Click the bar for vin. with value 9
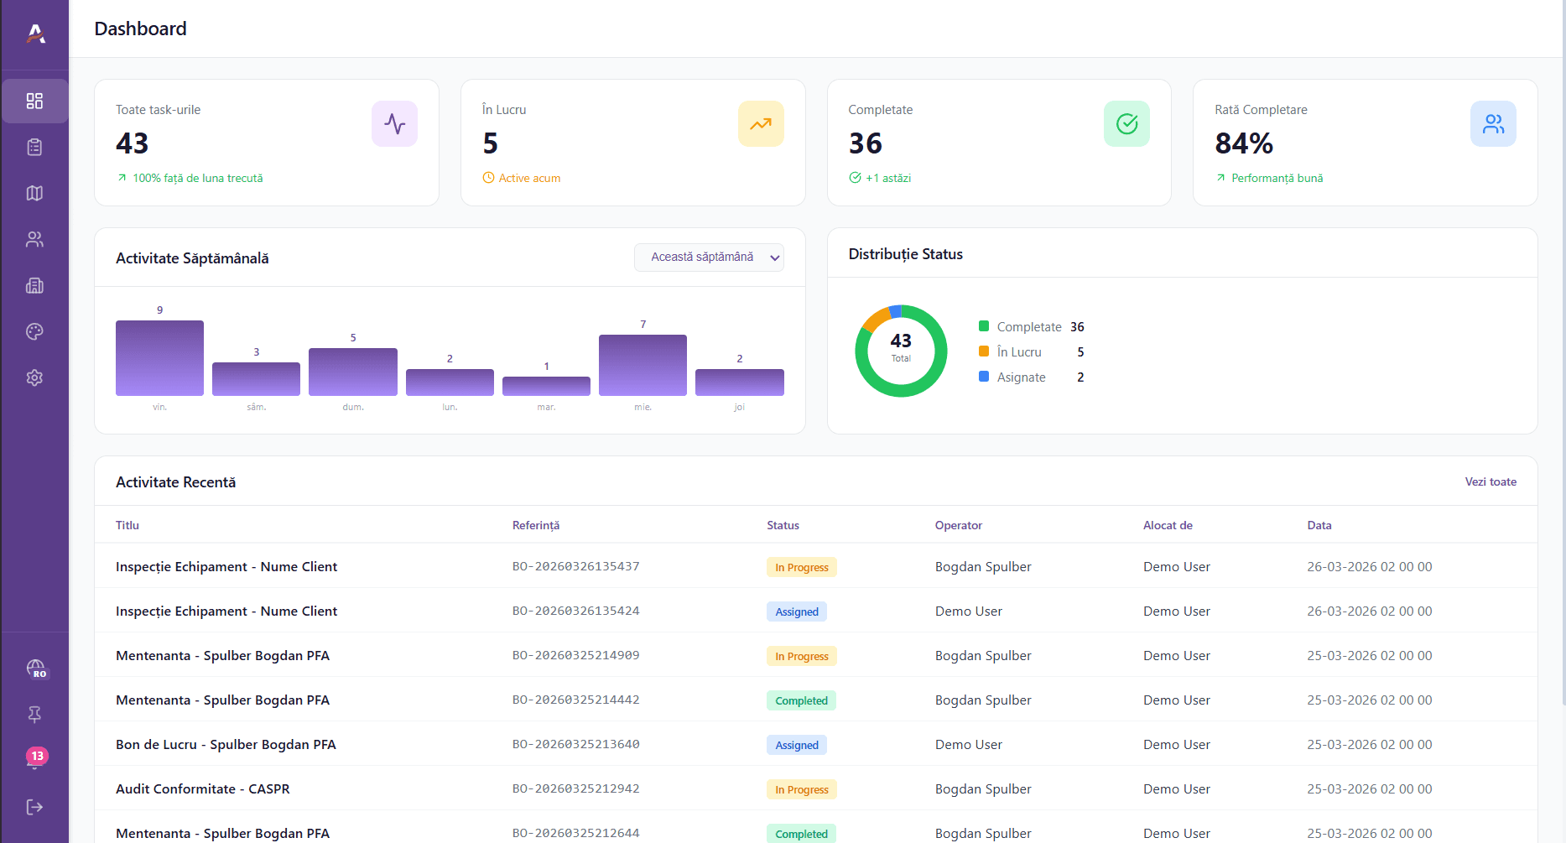pos(159,358)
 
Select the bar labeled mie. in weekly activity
pos(643,365)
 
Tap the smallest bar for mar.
pos(546,386)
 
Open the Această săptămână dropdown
pos(709,258)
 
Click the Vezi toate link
pos(1490,481)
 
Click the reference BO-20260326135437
pos(575,566)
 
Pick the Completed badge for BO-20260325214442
pos(801,700)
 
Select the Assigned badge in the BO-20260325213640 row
pos(796,745)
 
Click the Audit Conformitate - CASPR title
pos(202,788)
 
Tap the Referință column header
pos(535,525)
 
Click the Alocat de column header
pos(1167,525)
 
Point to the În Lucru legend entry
pos(1018,352)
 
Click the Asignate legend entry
pos(1021,377)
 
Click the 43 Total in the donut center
pos(901,346)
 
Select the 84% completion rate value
pos(1243,143)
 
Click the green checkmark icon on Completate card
pos(1126,124)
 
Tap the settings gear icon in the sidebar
pos(34,377)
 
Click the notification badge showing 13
pos(36,757)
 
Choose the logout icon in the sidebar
pos(34,807)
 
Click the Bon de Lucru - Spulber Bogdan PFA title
pos(226,744)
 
